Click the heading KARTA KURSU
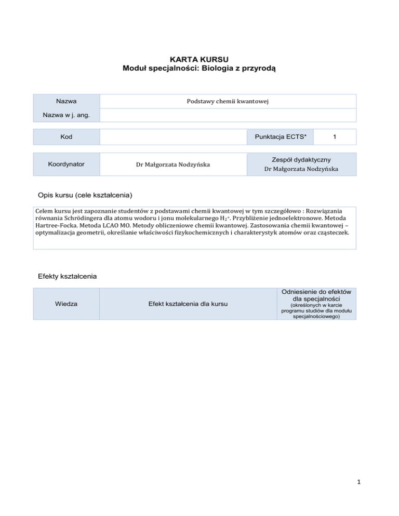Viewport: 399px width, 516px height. point(199,59)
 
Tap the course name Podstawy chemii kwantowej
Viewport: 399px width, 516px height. point(227,101)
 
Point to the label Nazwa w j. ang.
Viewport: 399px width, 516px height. point(66,115)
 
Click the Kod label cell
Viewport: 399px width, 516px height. point(66,137)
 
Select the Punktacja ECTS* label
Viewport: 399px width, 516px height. point(281,137)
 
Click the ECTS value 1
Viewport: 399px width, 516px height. point(336,137)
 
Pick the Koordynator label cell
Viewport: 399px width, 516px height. point(66,164)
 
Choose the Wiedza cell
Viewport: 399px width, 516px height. point(66,304)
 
